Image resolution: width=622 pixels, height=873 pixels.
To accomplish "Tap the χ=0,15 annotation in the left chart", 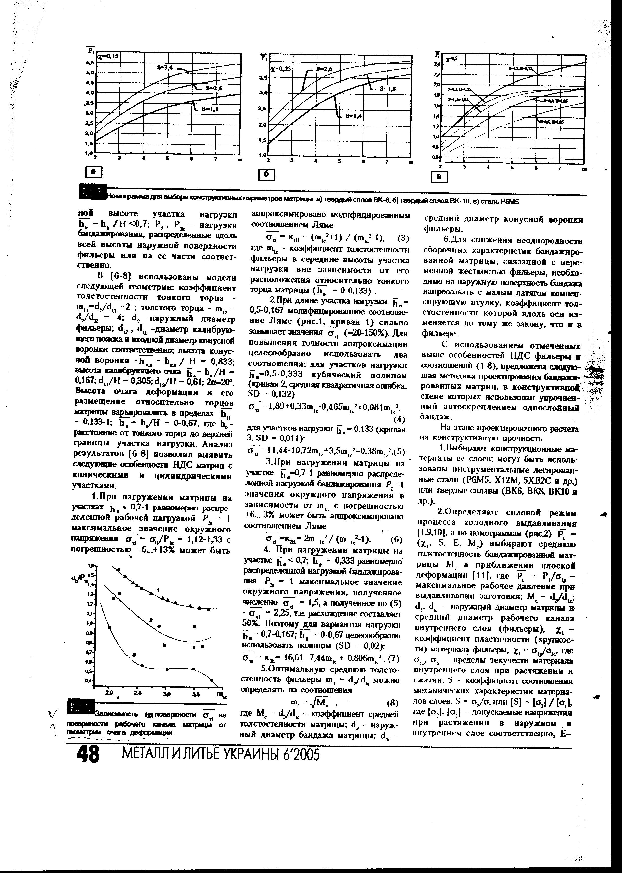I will (108, 56).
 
